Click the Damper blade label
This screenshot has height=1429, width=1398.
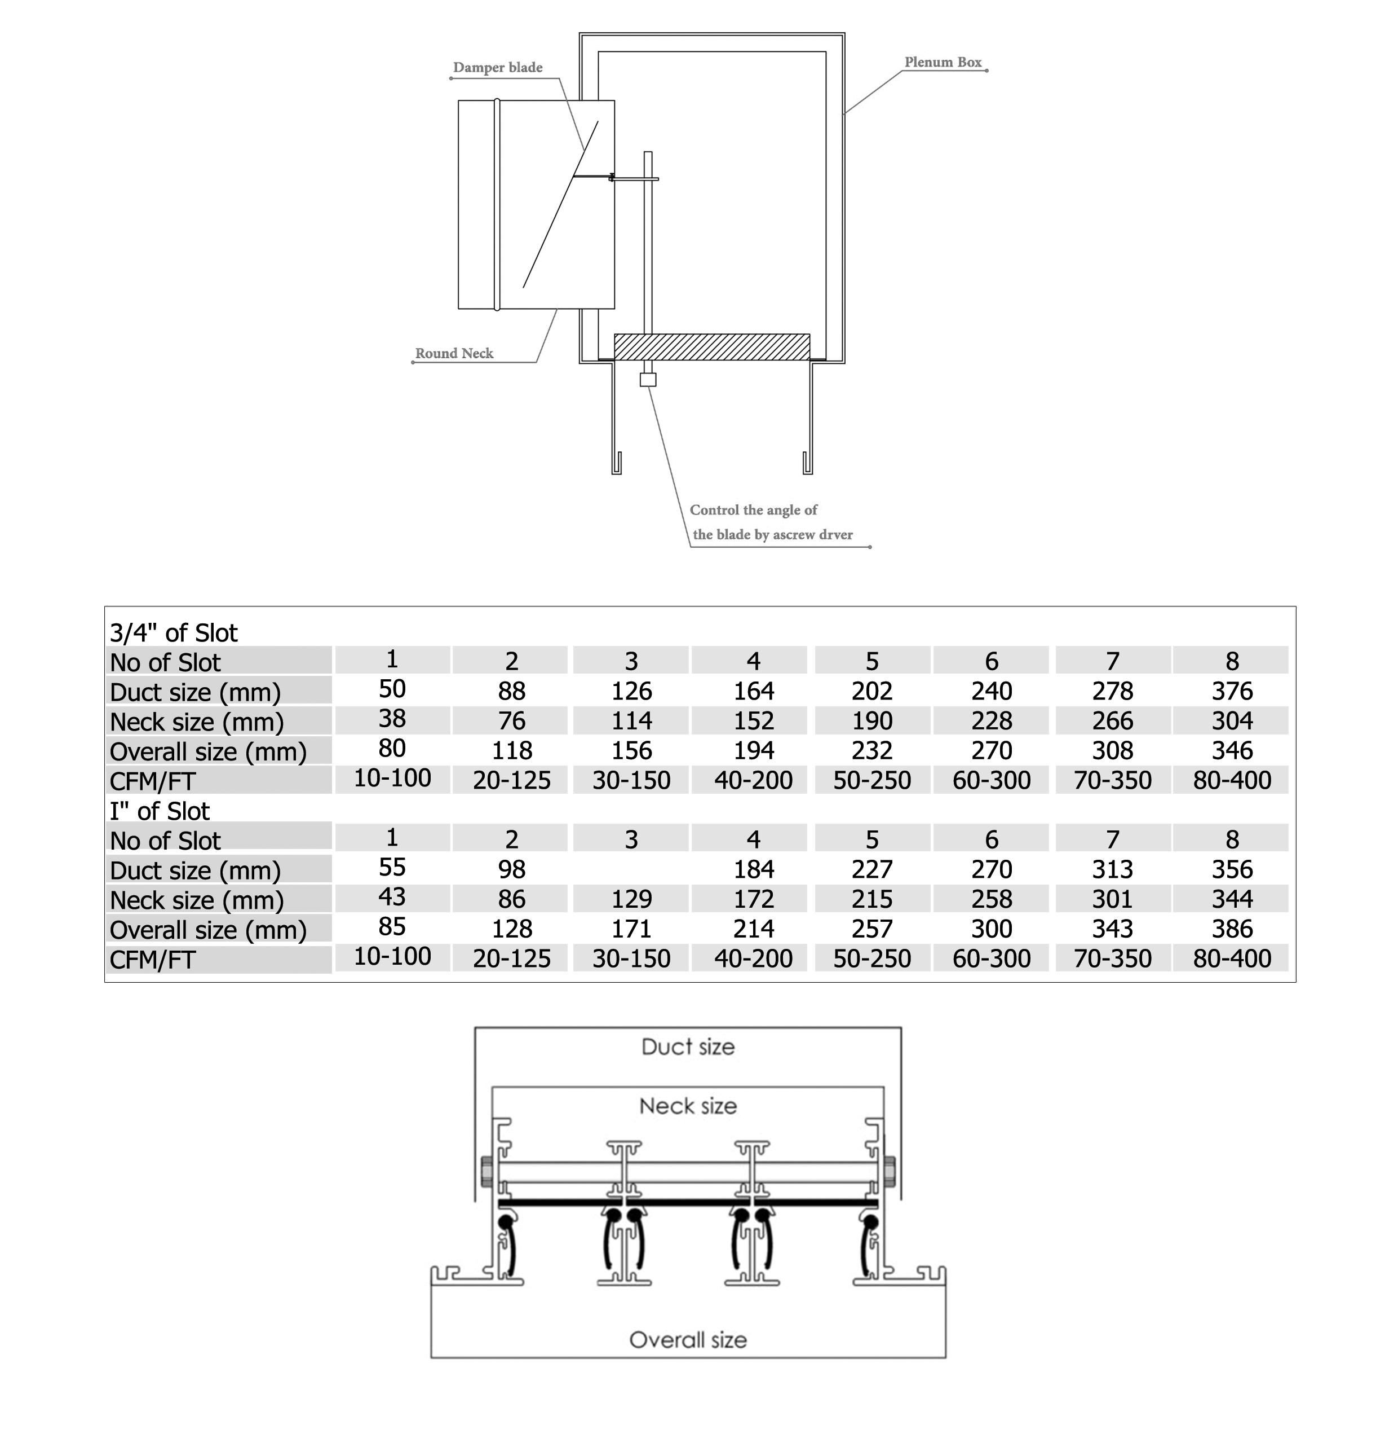point(498,68)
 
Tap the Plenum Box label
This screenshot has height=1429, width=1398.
point(943,63)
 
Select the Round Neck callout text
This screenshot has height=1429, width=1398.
point(454,353)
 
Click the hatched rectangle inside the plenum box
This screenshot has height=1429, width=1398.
point(712,348)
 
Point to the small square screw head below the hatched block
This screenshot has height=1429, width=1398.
point(648,380)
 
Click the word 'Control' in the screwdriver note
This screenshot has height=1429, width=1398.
point(714,510)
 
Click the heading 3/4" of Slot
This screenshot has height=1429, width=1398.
point(174,632)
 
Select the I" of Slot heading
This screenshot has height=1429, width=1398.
point(160,811)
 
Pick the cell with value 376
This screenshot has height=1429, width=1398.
point(1232,691)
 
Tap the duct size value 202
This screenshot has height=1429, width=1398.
point(872,691)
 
